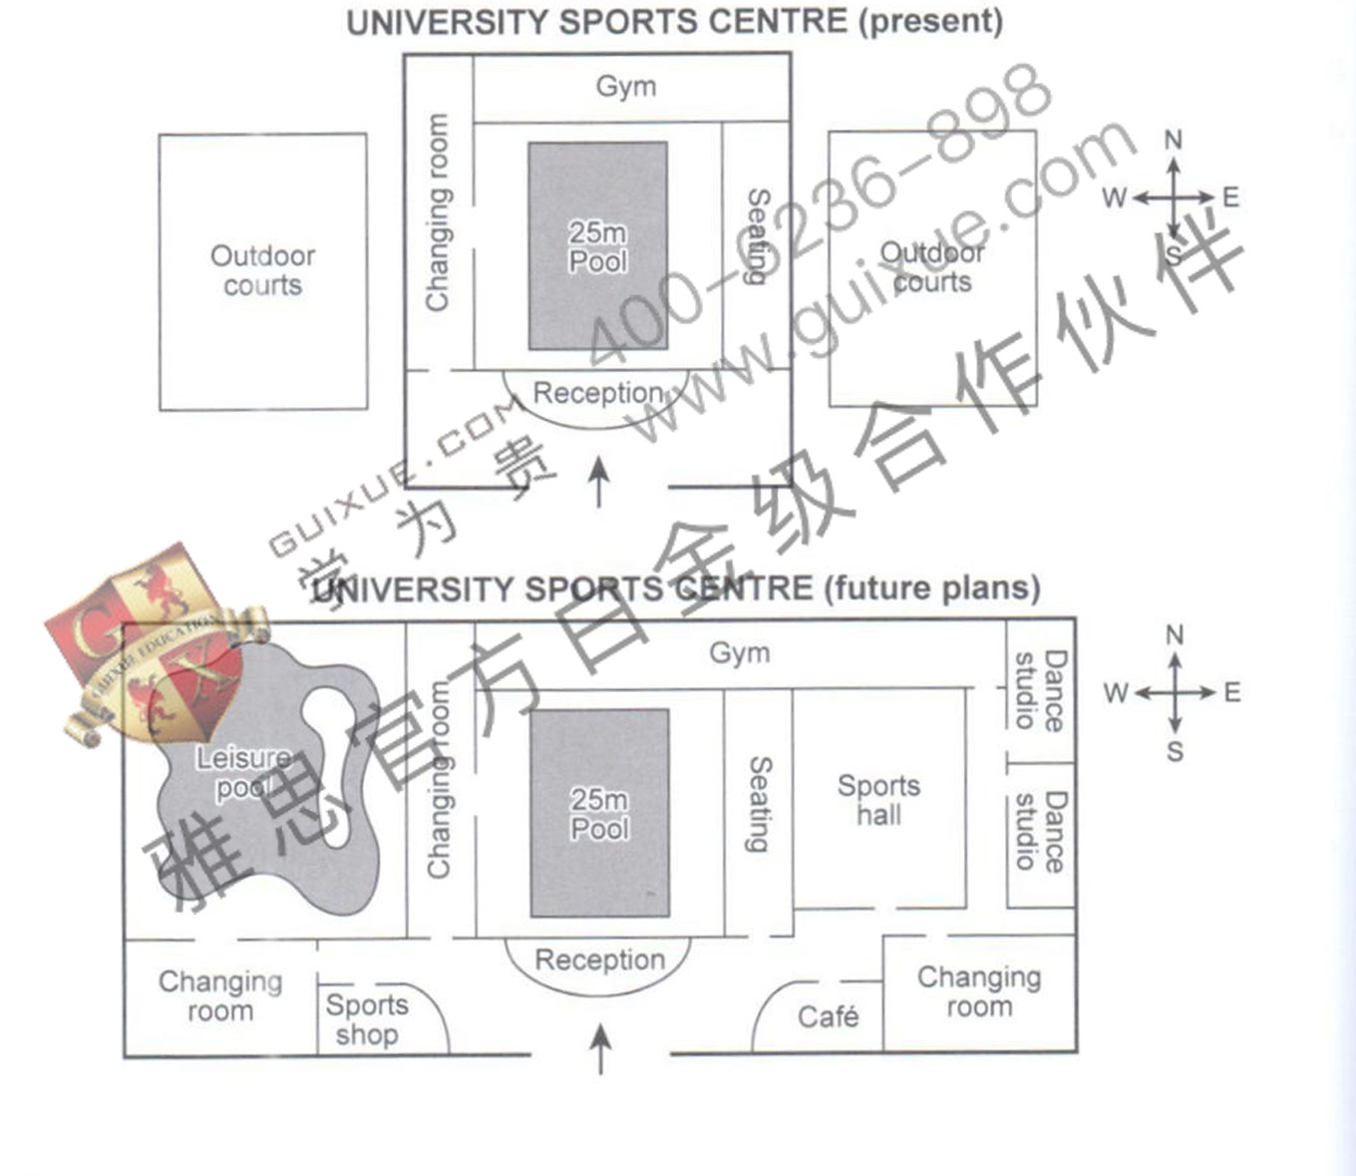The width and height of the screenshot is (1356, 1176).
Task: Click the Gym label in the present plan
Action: (x=626, y=87)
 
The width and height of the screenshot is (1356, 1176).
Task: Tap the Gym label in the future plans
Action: (x=739, y=653)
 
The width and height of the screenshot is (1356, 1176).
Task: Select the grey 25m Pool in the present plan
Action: (x=597, y=246)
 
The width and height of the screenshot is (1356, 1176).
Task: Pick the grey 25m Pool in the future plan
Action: (x=599, y=813)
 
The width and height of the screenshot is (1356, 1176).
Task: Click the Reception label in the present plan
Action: (x=598, y=393)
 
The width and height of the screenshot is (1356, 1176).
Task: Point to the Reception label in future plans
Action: (x=599, y=960)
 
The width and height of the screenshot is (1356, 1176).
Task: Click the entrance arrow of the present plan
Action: (x=598, y=482)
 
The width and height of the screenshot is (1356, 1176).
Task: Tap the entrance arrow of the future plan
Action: (x=600, y=1048)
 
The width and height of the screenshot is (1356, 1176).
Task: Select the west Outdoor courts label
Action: (x=262, y=270)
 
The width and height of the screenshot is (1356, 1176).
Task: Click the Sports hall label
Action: (x=878, y=800)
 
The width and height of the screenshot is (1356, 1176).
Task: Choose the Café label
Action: (x=828, y=1017)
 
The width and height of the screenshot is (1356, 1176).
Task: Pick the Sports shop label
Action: (x=367, y=1019)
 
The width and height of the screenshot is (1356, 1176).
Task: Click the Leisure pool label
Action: (x=242, y=773)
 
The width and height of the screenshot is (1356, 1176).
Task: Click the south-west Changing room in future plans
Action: (x=220, y=995)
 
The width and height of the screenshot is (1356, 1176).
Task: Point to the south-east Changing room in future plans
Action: (x=979, y=991)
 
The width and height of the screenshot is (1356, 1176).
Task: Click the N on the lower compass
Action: (x=1175, y=635)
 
